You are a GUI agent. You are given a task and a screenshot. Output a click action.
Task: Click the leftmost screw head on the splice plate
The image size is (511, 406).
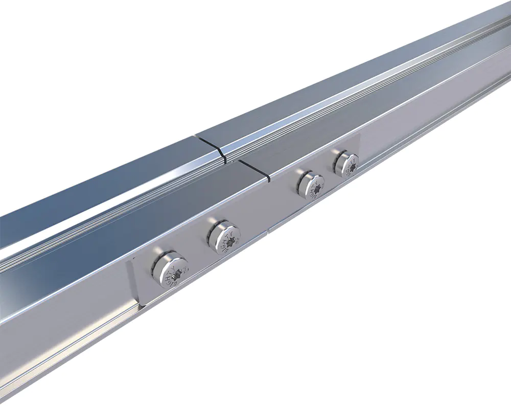[x=171, y=269]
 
